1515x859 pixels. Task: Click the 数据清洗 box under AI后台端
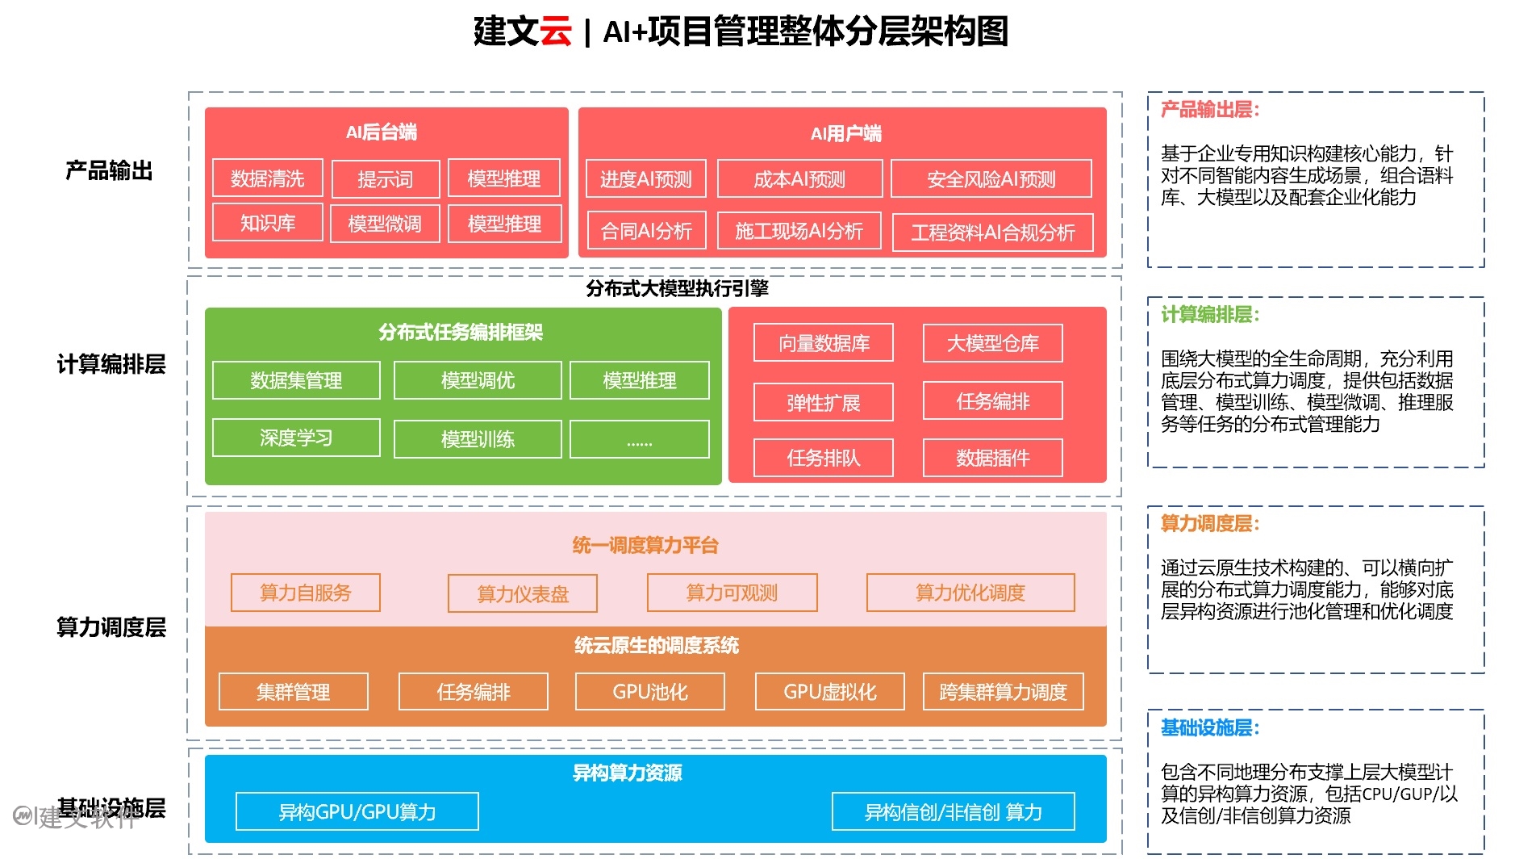[267, 178]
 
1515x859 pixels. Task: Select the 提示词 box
[385, 179]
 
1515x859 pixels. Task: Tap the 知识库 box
[267, 223]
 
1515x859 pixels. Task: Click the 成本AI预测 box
[799, 179]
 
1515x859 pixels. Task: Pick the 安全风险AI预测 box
[991, 179]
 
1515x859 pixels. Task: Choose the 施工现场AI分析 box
[799, 232]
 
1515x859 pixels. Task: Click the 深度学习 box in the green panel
[296, 438]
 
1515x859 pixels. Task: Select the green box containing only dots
[639, 440]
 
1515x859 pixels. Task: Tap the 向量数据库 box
[823, 343]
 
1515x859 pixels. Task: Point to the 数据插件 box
[992, 458]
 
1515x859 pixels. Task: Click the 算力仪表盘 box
[523, 594]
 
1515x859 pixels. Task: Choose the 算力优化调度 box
[970, 593]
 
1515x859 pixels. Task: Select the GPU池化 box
[649, 692]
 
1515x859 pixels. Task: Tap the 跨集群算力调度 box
[1003, 692]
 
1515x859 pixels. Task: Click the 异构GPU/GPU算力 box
[357, 811]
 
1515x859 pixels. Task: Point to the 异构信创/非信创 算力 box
[953, 811]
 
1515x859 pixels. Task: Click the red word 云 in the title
[555, 31]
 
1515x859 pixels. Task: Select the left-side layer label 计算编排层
[111, 364]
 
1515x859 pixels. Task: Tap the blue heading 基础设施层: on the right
[1209, 727]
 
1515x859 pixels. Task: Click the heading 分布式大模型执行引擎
[677, 288]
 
